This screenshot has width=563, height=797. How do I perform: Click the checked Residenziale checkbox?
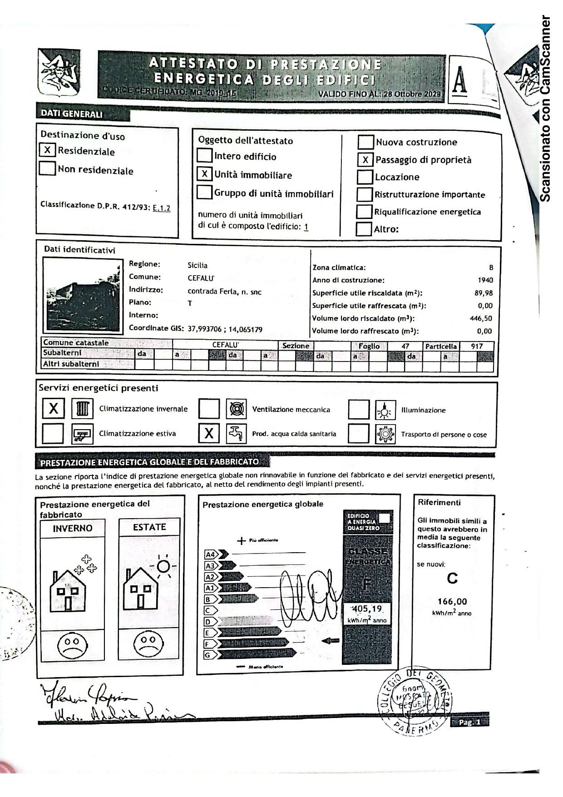(47, 150)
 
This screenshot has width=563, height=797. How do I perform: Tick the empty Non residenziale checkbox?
(47, 168)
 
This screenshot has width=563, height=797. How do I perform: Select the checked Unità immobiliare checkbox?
(205, 174)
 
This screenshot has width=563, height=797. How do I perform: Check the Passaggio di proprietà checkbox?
(365, 160)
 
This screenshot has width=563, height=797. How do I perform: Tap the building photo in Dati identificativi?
(83, 295)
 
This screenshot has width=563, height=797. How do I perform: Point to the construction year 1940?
(485, 280)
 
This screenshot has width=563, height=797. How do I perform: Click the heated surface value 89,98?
(483, 293)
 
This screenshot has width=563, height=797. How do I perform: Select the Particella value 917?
(476, 346)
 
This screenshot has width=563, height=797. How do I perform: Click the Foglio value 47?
(405, 346)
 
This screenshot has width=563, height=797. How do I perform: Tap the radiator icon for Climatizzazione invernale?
(82, 409)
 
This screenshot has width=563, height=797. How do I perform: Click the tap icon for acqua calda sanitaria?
(236, 433)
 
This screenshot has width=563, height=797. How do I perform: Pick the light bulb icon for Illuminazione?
(385, 410)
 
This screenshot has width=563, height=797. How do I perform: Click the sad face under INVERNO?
(72, 645)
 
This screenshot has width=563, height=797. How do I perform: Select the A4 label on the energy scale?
(211, 554)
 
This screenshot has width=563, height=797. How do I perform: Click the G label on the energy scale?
(208, 655)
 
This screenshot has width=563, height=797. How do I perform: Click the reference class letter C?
(452, 578)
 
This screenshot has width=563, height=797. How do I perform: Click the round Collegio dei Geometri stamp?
(414, 701)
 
